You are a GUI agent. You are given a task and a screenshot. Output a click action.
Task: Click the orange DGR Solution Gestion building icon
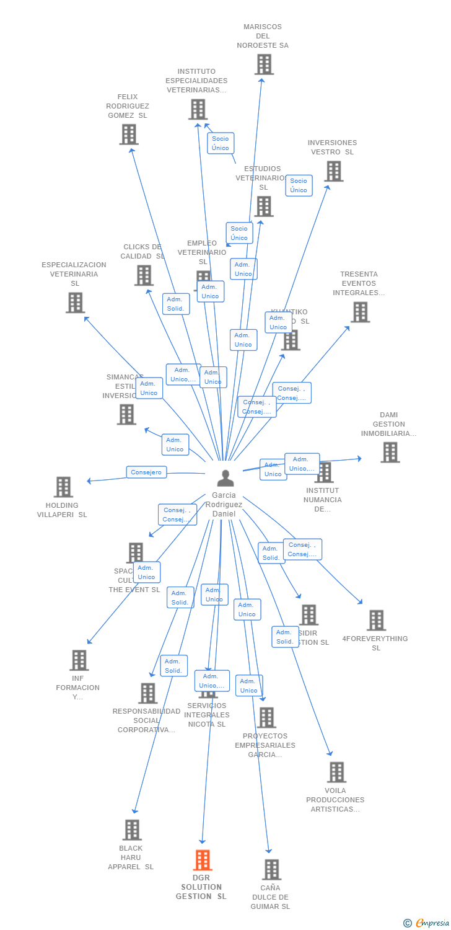click(203, 860)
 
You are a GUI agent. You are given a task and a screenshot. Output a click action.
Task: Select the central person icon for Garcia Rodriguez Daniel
click(225, 478)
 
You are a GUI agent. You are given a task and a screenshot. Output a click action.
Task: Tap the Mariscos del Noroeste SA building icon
click(264, 64)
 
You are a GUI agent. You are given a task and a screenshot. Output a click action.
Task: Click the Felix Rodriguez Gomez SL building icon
click(129, 135)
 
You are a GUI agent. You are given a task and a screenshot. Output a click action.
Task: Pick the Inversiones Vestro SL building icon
click(333, 171)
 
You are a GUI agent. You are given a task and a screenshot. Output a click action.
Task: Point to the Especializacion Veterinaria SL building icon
click(75, 303)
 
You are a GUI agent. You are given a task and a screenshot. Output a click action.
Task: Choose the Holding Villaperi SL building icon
click(63, 487)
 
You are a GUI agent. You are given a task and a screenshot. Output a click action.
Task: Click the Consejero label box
click(147, 472)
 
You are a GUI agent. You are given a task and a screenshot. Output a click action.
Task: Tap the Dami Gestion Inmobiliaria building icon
click(390, 453)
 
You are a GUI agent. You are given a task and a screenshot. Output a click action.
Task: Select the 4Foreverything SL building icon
click(376, 620)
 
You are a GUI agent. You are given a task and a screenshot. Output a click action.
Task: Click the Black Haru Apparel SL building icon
click(132, 830)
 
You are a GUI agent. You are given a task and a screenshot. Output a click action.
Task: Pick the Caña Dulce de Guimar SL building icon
click(271, 870)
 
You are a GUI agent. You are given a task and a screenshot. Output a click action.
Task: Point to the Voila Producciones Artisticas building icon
click(336, 773)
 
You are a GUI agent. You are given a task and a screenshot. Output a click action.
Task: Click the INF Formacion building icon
click(79, 660)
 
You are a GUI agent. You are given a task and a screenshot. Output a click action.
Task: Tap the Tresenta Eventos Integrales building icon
click(360, 312)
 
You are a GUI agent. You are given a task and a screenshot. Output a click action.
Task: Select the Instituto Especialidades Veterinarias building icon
click(198, 110)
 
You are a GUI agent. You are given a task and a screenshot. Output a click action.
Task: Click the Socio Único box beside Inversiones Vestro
click(299, 185)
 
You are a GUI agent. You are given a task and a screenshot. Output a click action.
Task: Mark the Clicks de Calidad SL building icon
click(144, 275)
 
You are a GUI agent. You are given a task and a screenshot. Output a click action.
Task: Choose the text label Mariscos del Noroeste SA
click(263, 36)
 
